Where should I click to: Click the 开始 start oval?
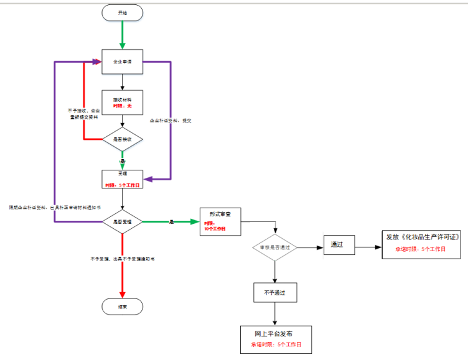(122, 12)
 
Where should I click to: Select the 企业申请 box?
(122, 62)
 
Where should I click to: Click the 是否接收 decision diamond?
(122, 140)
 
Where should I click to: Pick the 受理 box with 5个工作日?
(122, 179)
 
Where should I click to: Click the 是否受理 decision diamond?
(122, 221)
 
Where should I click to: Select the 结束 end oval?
(122, 306)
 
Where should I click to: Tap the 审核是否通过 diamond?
(274, 247)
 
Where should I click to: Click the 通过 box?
(339, 245)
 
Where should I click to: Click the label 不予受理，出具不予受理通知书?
(122, 258)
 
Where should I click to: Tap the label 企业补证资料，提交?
(170, 120)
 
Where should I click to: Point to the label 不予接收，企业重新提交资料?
(83, 114)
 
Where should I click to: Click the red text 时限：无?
(122, 106)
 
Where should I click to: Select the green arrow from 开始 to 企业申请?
(122, 34)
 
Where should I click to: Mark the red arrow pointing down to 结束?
(122, 274)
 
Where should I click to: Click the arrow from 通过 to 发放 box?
(367, 246)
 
